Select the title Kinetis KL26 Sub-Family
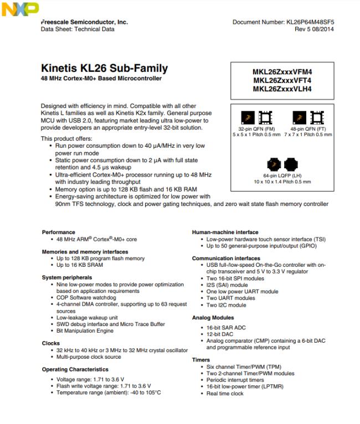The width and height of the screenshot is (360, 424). point(105,69)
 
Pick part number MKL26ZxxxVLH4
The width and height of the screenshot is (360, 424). point(282,89)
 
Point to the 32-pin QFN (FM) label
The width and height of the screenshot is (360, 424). point(250,128)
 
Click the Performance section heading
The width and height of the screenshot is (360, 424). point(59,232)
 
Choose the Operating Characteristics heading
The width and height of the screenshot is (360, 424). point(75,369)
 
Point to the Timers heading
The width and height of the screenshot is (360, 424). point(202,359)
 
